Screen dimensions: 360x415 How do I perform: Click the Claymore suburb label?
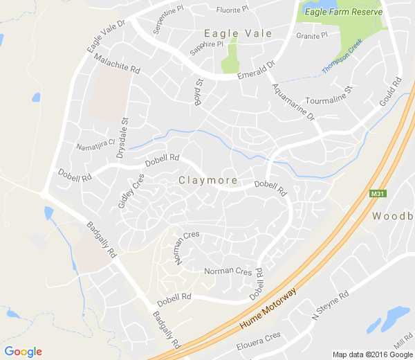[x=208, y=181]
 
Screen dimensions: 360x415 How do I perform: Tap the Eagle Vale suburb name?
[x=238, y=33]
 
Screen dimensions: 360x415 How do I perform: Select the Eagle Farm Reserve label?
[x=340, y=10]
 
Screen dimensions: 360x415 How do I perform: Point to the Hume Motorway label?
[x=268, y=308]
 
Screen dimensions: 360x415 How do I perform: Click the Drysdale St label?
[x=124, y=138]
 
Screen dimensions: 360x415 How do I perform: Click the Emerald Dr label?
[x=257, y=70]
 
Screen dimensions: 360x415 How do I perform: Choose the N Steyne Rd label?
[x=331, y=305]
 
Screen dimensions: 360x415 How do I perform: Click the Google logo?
[x=23, y=352]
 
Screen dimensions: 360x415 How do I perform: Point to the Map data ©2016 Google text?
[x=371, y=354]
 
